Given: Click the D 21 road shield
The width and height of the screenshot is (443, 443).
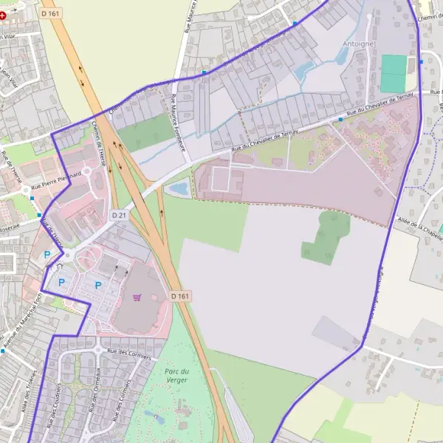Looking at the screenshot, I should [119, 214].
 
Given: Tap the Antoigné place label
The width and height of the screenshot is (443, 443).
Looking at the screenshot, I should [360, 44].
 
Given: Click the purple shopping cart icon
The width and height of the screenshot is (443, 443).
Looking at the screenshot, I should [137, 297].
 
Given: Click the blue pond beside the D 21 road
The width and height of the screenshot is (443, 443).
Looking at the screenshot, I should [178, 189].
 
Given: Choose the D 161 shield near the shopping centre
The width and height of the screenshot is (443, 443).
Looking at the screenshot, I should [180, 296].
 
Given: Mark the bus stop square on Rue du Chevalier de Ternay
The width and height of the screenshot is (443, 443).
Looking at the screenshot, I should [340, 119].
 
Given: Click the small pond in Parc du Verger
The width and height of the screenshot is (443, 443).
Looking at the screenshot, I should [157, 418].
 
